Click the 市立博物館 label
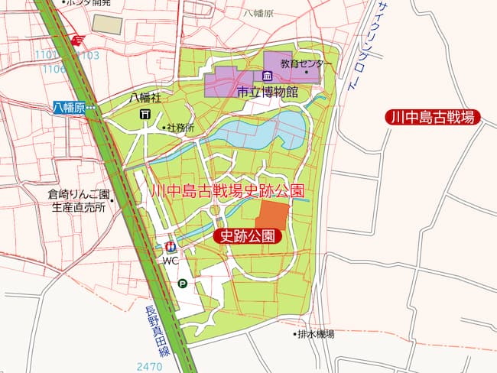pyautogui.click(x=267, y=92)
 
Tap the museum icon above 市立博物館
pyautogui.click(x=267, y=76)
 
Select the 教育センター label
pyautogui.click(x=306, y=63)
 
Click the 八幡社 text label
pyautogui.click(x=145, y=97)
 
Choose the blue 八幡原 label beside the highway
pyautogui.click(x=69, y=109)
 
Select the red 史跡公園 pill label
pyautogui.click(x=248, y=236)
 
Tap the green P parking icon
pyautogui.click(x=182, y=284)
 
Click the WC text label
pyautogui.click(x=170, y=261)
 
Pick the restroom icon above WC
pyautogui.click(x=170, y=247)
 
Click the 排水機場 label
pyautogui.click(x=316, y=334)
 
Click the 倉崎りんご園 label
pyautogui.click(x=79, y=193)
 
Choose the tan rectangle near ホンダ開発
pyautogui.click(x=107, y=24)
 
